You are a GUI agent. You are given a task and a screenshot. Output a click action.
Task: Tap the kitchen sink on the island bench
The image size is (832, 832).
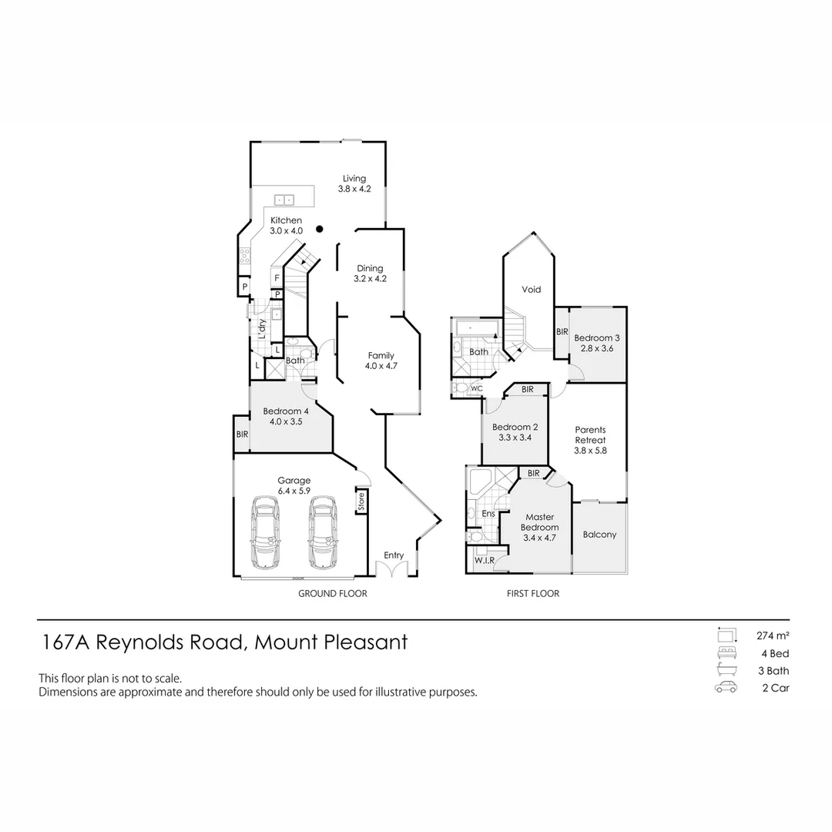[283, 200]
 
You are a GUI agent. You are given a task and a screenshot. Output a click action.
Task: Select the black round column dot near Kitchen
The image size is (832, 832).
[319, 228]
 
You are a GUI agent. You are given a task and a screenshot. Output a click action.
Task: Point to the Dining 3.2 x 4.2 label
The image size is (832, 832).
[370, 273]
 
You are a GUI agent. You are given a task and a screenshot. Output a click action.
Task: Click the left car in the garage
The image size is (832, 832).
[266, 531]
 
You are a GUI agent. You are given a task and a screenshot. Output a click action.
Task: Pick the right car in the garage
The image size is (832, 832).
[323, 531]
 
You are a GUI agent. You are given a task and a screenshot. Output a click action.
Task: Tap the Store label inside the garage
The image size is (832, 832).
[361, 502]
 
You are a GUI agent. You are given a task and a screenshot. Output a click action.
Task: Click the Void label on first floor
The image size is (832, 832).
[532, 290]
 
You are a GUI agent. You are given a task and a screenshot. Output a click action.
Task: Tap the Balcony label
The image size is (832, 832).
[599, 535]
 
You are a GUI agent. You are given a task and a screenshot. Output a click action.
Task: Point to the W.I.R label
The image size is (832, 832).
[485, 560]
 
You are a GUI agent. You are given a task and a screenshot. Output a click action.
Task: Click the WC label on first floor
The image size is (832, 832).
[477, 388]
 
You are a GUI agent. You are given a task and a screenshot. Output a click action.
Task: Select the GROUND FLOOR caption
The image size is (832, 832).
[333, 594]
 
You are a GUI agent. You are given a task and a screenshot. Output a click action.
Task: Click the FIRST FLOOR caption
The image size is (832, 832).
[533, 594]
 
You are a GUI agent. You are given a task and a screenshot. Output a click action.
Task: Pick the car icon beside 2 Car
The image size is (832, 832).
[726, 688]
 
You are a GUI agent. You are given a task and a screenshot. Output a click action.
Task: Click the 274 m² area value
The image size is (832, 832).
[772, 636]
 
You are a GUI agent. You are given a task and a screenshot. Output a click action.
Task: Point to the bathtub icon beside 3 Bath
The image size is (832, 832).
[726, 670]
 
